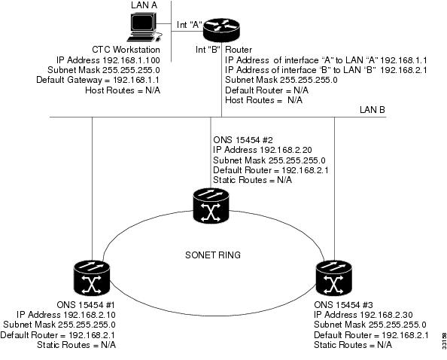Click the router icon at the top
pyautogui.click(x=221, y=30)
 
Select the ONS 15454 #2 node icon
pyautogui.click(x=211, y=206)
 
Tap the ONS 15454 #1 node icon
pyautogui.click(x=92, y=278)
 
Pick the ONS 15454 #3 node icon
pyautogui.click(x=334, y=278)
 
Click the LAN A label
pyautogui.click(x=144, y=5)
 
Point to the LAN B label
pyautogui.click(x=372, y=110)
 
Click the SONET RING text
pyautogui.click(x=213, y=255)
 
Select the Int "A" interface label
pyautogui.click(x=190, y=25)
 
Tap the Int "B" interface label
pyautogui.click(x=208, y=50)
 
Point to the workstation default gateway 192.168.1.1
pyautogui.click(x=136, y=80)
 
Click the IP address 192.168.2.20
pyautogui.click(x=286, y=150)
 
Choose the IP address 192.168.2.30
pyautogui.click(x=386, y=315)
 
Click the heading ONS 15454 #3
pyautogui.click(x=343, y=305)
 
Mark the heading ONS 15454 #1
pyautogui.click(x=86, y=305)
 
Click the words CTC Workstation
pyautogui.click(x=126, y=50)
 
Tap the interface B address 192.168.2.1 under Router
pyautogui.click(x=403, y=70)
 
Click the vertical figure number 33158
pyautogui.click(x=444, y=341)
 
